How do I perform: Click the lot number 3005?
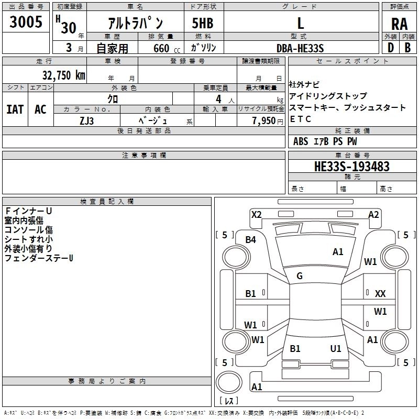click(26, 24)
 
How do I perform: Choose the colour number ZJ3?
click(86, 120)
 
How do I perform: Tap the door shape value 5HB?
click(202, 24)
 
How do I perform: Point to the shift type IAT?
click(15, 109)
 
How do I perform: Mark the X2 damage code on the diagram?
click(256, 214)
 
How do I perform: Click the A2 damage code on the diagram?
click(373, 214)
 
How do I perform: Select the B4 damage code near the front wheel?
click(251, 240)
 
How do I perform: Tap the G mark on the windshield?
click(300, 275)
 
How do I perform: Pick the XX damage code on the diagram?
click(380, 294)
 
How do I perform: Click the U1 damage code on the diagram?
click(336, 348)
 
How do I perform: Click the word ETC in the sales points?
click(301, 119)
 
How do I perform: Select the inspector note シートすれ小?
click(28, 239)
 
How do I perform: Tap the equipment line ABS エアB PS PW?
click(325, 141)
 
